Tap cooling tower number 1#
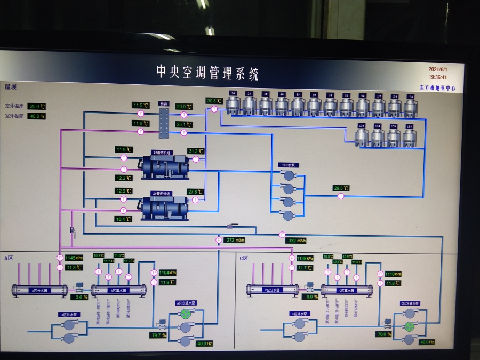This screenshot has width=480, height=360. tap(233, 105)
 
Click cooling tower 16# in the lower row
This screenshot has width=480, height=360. tap(409, 137)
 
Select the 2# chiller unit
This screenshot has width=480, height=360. tap(164, 207)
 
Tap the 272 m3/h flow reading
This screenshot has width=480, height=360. tap(234, 240)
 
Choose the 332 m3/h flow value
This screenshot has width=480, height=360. tap(297, 241)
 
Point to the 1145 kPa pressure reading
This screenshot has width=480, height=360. tap(74, 258)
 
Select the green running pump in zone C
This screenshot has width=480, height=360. tap(410, 327)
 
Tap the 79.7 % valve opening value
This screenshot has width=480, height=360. tap(158, 335)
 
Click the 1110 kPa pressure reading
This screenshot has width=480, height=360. tap(393, 274)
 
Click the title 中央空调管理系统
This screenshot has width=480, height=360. tap(207, 73)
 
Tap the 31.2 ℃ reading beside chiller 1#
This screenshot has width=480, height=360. tap(196, 151)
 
